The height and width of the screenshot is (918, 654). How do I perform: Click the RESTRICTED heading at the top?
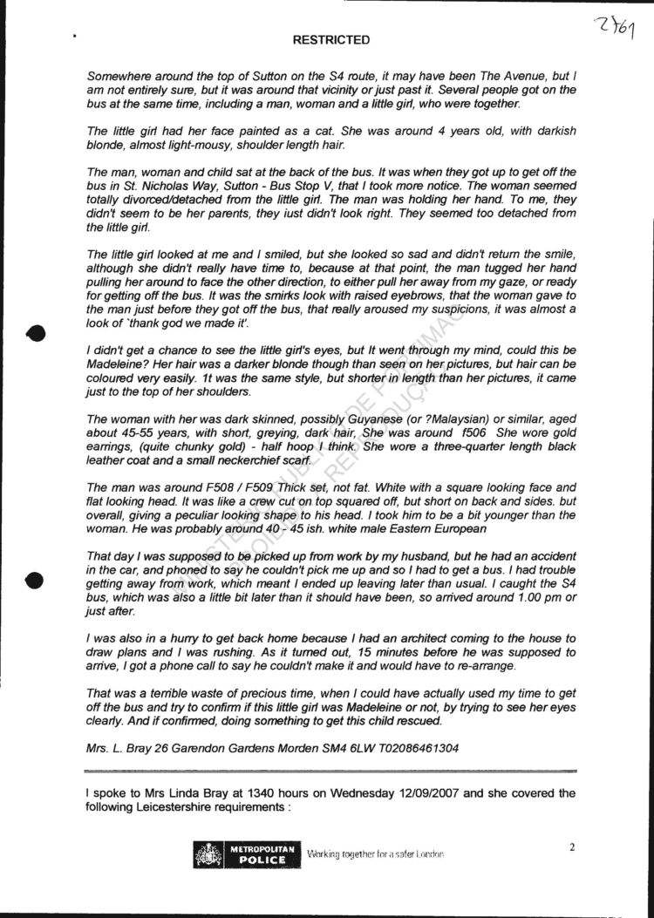click(x=330, y=40)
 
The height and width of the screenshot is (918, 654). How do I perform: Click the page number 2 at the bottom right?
click(x=572, y=847)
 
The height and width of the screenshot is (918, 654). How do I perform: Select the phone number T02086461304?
click(x=409, y=748)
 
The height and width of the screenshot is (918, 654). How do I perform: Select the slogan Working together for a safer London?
click(x=375, y=854)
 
